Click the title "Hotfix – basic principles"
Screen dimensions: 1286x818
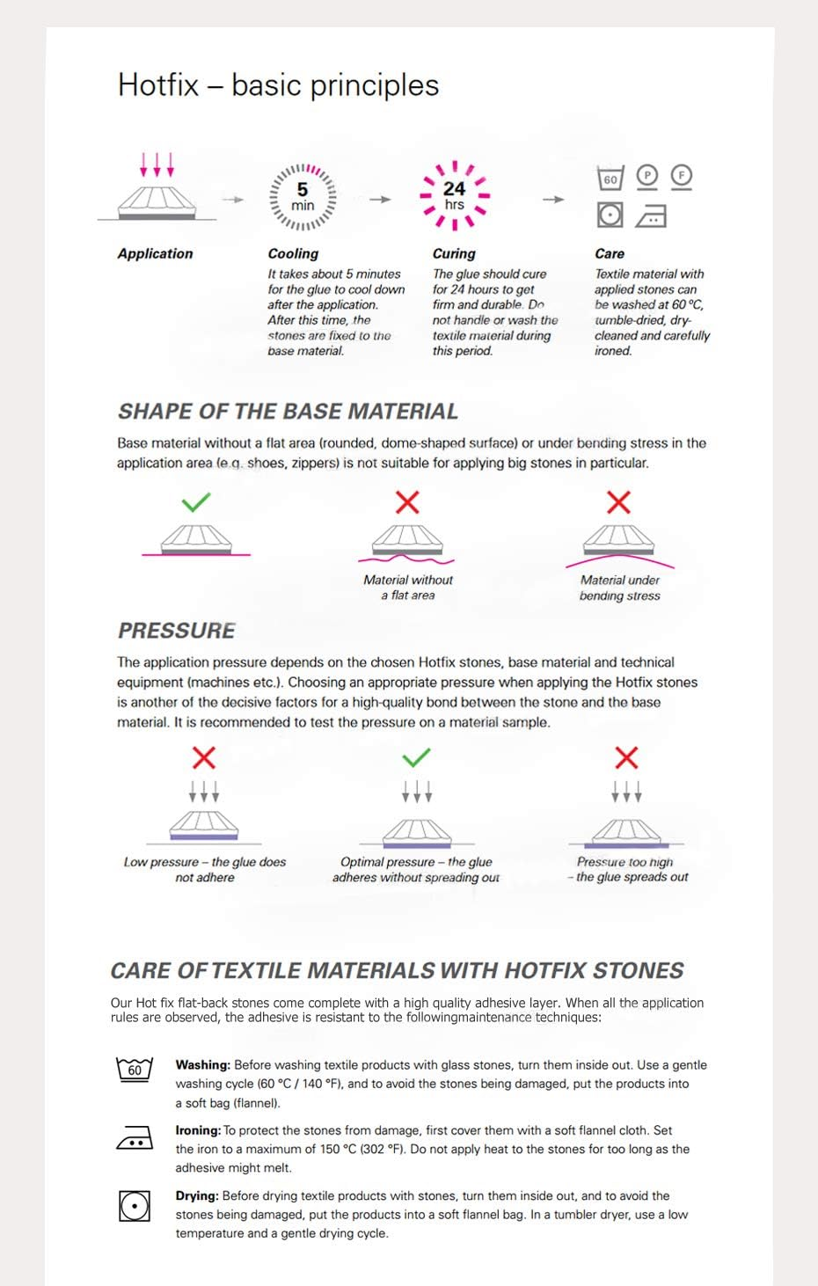[x=278, y=85]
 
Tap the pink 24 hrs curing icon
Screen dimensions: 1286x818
[x=454, y=195]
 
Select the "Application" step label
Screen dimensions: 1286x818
[x=155, y=253]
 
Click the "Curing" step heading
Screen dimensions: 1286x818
[x=454, y=253]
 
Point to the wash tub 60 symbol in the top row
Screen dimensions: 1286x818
[x=610, y=179]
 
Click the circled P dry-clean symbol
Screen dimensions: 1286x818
[x=646, y=176]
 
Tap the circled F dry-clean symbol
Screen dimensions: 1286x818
[x=681, y=176]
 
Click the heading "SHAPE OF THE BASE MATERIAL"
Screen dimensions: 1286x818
[x=288, y=412]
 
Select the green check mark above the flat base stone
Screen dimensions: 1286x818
[x=195, y=502]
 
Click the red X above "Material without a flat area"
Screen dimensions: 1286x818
[x=407, y=502]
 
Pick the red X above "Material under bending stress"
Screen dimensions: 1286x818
[x=619, y=502]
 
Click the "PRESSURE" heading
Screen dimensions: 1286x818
[x=177, y=631]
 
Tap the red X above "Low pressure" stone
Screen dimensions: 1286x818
[x=204, y=757]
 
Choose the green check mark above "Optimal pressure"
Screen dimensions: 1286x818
[x=416, y=756]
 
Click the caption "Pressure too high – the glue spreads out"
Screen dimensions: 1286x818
[x=627, y=870]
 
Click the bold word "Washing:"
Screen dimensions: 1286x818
[x=202, y=1064]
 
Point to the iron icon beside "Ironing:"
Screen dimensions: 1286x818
[x=135, y=1139]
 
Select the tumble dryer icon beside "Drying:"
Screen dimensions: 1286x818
[x=135, y=1205]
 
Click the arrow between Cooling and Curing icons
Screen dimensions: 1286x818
[x=380, y=200]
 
